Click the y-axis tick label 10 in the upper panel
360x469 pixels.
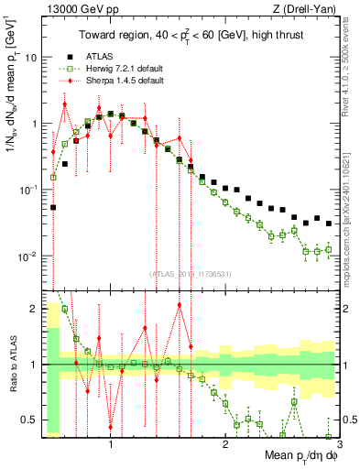pyautogui.click(x=29, y=57)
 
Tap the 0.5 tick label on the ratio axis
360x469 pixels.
pyautogui.click(x=28, y=420)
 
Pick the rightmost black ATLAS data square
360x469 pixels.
pyautogui.click(x=329, y=223)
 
